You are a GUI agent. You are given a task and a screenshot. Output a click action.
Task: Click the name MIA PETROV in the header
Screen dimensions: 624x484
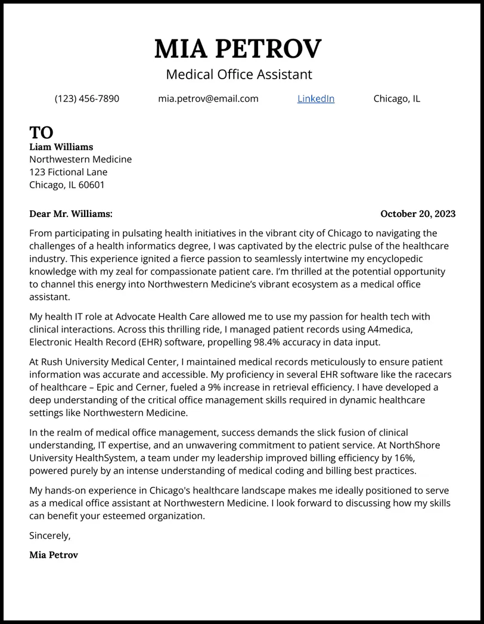[x=238, y=48]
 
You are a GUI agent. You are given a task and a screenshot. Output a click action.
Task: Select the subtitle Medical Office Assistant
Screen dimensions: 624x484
[x=238, y=74]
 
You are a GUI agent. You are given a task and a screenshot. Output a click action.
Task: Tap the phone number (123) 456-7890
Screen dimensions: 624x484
[x=87, y=99]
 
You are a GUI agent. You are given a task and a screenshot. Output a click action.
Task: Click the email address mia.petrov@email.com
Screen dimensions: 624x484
[x=208, y=99]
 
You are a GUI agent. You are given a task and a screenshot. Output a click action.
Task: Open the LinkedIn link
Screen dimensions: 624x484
[x=316, y=99]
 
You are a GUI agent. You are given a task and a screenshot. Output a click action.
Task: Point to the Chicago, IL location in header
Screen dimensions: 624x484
[x=396, y=99]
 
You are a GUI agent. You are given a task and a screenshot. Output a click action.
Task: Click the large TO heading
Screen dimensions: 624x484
[x=41, y=132]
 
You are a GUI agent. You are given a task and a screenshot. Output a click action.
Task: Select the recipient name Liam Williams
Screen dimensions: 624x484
[x=61, y=147]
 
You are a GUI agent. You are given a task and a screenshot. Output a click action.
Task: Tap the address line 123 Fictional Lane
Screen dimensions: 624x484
[x=69, y=172]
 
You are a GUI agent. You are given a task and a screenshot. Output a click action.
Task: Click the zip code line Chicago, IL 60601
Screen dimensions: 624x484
[x=67, y=185]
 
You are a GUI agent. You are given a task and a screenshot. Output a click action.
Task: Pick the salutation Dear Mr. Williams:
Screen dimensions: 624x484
[x=70, y=214]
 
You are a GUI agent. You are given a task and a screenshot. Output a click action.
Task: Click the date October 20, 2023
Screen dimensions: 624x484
[x=417, y=214]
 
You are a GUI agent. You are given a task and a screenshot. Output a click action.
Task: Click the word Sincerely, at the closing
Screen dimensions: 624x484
[x=50, y=536]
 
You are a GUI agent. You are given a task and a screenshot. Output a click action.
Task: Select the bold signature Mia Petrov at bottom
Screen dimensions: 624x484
[x=54, y=555]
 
